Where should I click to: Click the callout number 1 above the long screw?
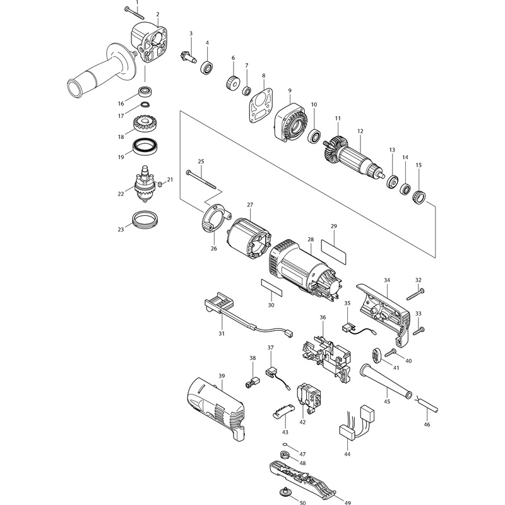coord(137,3)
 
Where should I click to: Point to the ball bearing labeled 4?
coord(208,68)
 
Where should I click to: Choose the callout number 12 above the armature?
coord(360,131)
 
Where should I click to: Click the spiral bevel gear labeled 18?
coord(145,123)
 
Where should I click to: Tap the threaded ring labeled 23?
coord(145,220)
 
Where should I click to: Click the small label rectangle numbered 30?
coord(271,288)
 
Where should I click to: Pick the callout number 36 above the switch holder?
coord(323,318)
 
